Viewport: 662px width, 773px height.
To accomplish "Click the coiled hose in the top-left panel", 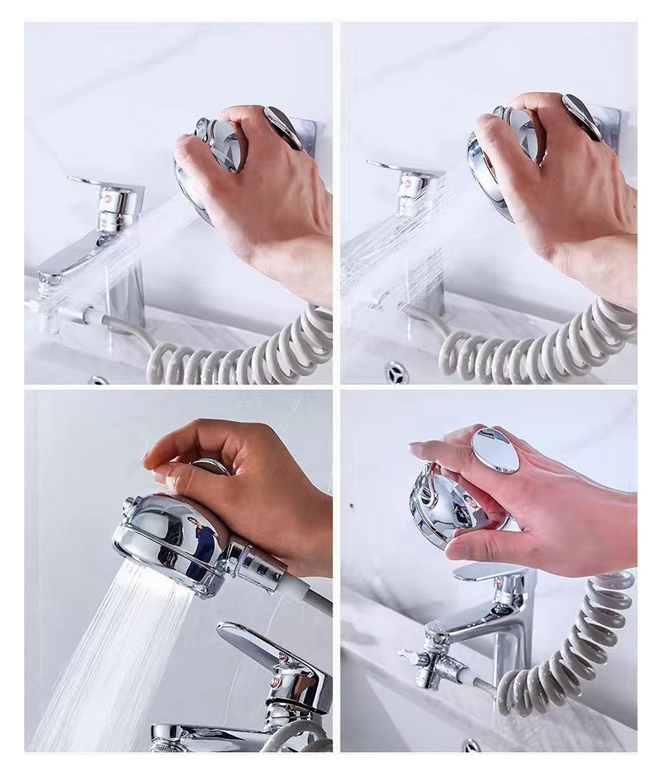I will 243,353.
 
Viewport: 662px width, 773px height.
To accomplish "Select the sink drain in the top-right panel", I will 396,372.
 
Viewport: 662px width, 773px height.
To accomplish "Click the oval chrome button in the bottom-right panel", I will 495,451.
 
